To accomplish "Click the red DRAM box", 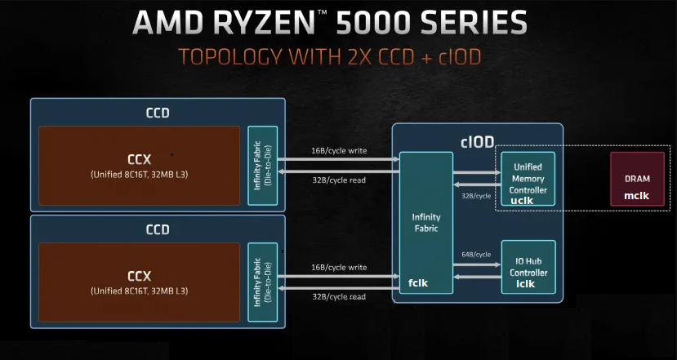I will [636, 178].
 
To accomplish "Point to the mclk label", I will [636, 196].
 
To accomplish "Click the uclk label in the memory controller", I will [522, 200].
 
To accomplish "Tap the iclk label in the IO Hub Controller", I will [526, 283].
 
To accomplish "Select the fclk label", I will [420, 283].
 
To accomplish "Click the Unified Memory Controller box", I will [528, 178].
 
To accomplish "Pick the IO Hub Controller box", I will [528, 266].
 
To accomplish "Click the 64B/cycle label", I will [476, 254].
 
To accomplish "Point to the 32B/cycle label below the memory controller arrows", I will [476, 196].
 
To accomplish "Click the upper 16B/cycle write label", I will [338, 151].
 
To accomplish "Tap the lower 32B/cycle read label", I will [338, 296].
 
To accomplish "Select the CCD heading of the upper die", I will [158, 113].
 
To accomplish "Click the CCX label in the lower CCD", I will [140, 275].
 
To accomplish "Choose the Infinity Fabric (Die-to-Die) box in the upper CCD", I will [263, 166].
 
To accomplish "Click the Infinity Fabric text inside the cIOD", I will [425, 223].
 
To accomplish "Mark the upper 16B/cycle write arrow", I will [338, 160].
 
